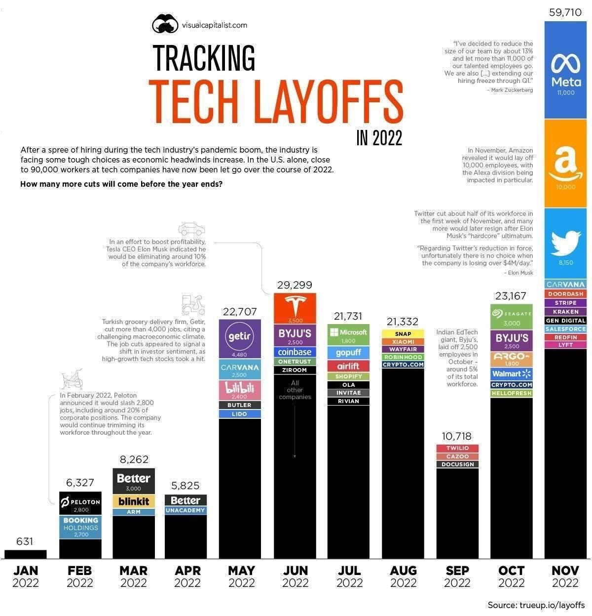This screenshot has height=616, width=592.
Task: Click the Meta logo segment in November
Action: (x=566, y=69)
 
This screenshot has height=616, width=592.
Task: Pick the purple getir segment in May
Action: (x=240, y=339)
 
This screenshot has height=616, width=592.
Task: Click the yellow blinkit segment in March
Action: (x=134, y=501)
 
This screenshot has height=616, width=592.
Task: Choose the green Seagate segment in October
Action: (x=512, y=317)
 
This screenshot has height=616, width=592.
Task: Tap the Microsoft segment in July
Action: (x=348, y=334)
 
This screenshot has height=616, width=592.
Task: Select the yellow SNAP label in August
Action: (x=403, y=333)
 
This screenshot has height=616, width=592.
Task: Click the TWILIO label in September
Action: (x=457, y=448)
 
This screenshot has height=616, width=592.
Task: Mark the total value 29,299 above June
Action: (x=295, y=285)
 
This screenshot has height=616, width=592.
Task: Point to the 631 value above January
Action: (x=25, y=541)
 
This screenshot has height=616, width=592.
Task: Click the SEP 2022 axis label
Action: (x=457, y=576)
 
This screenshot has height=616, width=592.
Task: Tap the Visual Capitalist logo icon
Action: (x=165, y=24)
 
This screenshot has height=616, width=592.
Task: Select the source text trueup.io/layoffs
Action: (x=552, y=605)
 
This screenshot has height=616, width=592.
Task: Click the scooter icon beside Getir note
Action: (x=192, y=305)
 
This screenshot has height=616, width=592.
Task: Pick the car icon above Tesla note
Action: (x=191, y=230)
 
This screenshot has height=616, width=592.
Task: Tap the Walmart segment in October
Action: (x=512, y=373)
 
